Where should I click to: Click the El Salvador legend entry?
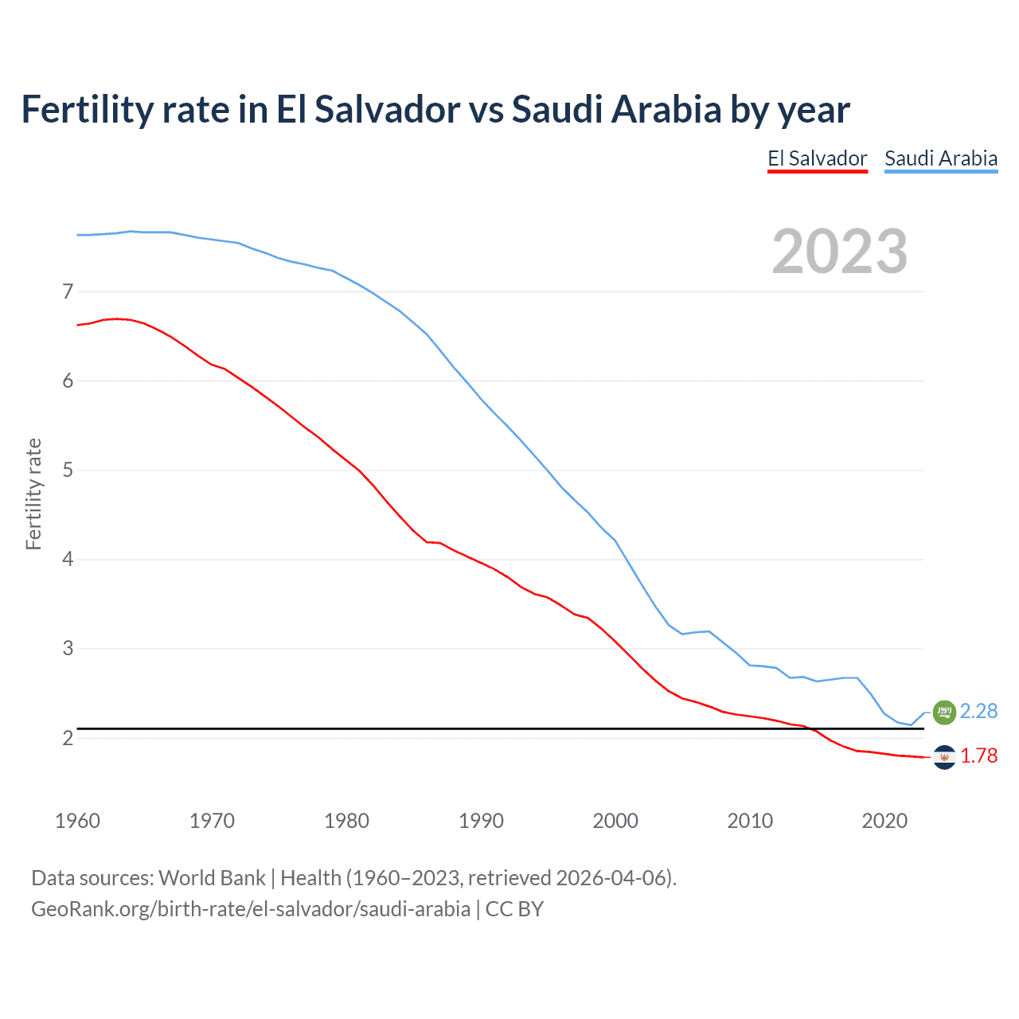pos(817,158)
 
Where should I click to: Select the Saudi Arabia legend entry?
pos(941,158)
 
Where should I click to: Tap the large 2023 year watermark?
pos(839,252)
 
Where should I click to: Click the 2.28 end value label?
pos(978,711)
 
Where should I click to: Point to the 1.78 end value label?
pos(978,755)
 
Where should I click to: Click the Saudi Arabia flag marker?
pos(944,712)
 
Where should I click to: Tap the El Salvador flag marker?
pos(944,756)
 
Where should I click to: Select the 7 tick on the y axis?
pos(68,292)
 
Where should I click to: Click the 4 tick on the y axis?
pos(68,560)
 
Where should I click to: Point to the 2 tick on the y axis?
pos(68,738)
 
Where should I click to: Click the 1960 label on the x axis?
pos(77,821)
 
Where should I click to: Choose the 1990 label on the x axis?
pos(481,821)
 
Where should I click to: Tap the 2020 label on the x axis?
pos(884,821)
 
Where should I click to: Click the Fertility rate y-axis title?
pos(33,494)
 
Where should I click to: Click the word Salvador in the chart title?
pos(387,109)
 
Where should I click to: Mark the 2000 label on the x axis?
pos(615,821)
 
